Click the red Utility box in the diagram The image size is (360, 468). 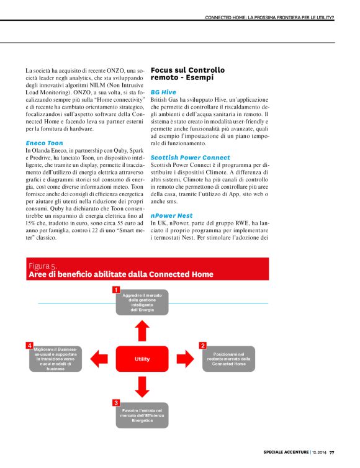(142, 359)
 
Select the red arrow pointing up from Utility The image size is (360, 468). (142, 329)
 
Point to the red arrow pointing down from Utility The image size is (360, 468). (142, 387)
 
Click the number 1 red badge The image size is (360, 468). (115, 290)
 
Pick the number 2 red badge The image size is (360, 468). (202, 345)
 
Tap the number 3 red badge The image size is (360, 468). (115, 403)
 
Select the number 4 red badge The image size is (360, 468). (29, 344)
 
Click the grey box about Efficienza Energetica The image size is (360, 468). (142, 415)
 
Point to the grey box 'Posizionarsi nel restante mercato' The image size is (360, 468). (229, 359)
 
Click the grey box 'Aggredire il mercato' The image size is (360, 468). (142, 302)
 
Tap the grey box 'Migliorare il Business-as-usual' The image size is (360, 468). (55, 359)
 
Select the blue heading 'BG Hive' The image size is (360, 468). (163, 92)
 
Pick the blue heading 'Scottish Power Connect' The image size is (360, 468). (190, 158)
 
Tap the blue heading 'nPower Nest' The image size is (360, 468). (171, 215)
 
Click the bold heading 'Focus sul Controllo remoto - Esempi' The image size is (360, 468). (188, 74)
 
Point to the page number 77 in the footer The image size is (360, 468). (331, 451)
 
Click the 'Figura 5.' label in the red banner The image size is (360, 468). (43, 266)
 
